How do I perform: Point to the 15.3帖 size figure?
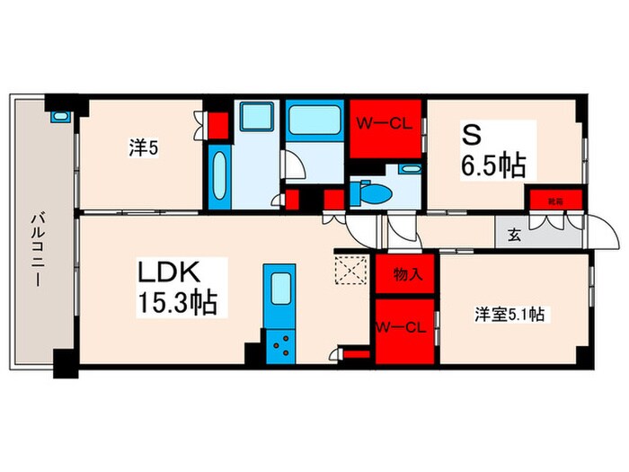pos(177,302)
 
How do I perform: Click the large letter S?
pos(470,136)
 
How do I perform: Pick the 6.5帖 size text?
pos(493,165)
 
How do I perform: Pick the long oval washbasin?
pos(220,176)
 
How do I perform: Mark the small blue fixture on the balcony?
pos(58,115)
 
